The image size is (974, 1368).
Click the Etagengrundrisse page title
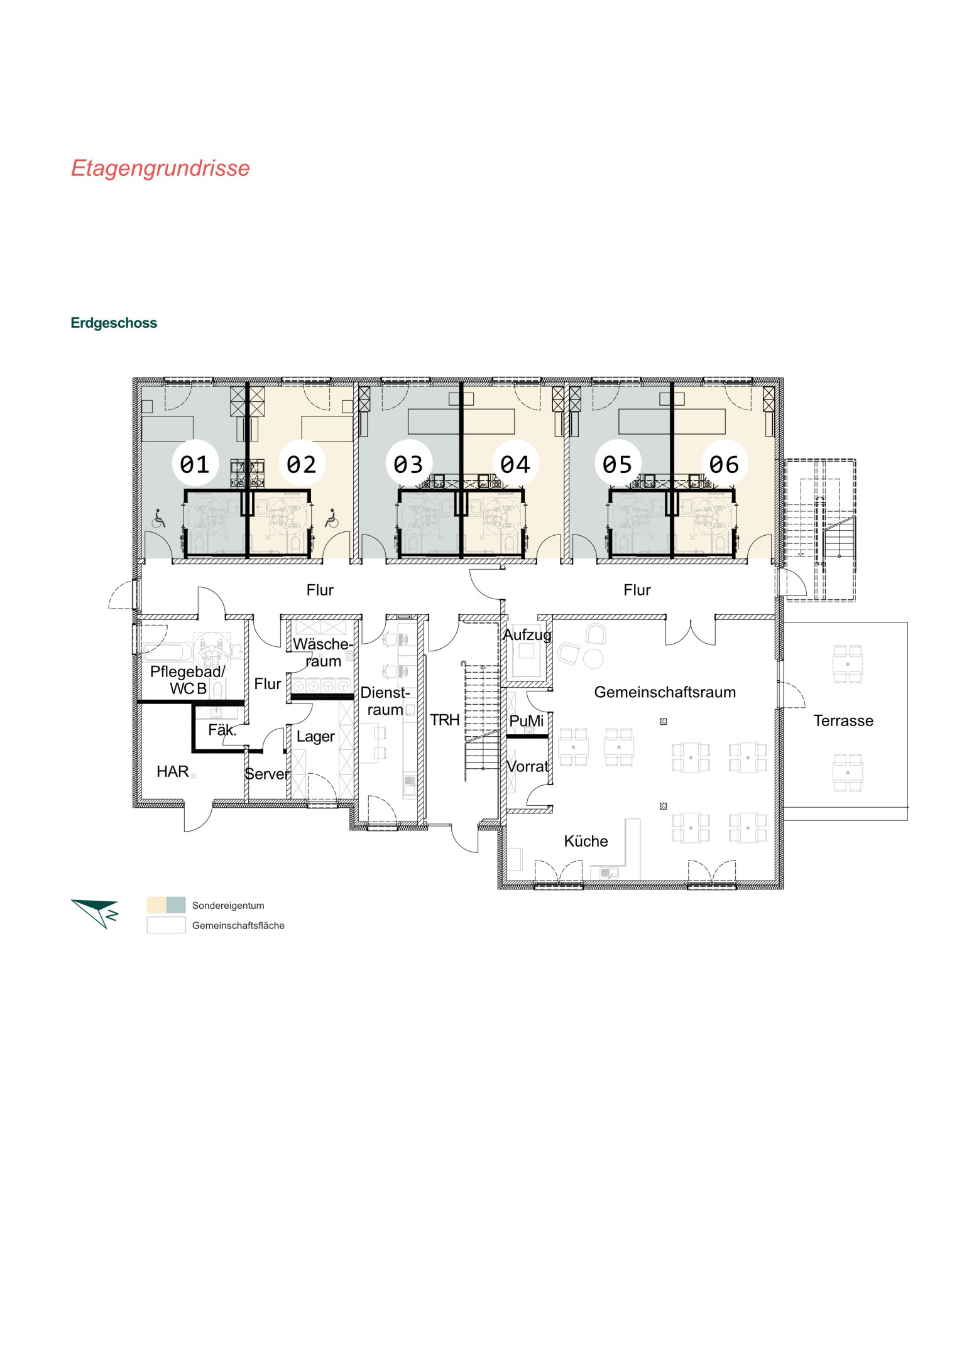160,168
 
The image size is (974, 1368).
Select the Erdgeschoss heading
114,323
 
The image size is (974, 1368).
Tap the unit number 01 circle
195,464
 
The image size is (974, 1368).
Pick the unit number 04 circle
515,464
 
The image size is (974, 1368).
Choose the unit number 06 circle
725,464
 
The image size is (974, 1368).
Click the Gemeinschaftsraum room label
665,692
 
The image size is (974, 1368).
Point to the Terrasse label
843,720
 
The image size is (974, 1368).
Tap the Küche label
586,841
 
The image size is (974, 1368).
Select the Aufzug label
527,635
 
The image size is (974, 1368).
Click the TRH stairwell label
445,720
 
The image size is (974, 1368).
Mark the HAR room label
173,771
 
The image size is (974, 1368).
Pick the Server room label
267,774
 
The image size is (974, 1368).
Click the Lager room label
315,737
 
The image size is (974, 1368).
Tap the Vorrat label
528,766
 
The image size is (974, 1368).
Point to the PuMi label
527,720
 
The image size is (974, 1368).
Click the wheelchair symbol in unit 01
159,518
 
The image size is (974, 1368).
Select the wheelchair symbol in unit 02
331,518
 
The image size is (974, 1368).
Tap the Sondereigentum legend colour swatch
167,905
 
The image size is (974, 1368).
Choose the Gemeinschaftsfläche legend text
238,925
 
